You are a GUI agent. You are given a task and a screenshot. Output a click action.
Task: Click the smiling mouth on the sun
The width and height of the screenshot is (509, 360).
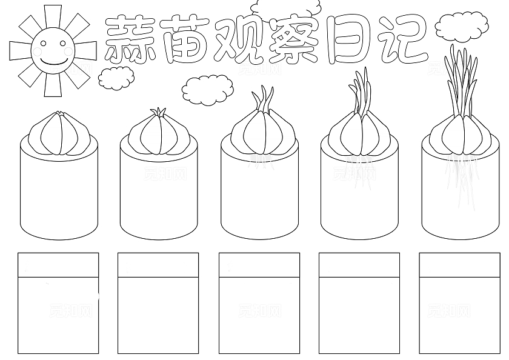coord(53,61)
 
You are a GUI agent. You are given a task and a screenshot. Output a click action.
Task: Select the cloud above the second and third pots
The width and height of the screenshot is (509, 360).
coord(207,90)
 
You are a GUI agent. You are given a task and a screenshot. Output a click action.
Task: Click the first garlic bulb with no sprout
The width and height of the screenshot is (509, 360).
coord(59,135)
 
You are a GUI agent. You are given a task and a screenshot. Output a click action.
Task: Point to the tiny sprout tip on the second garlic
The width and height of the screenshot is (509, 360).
coord(159,112)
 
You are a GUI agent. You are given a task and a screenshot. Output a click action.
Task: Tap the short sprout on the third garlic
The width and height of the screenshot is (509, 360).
coord(262,99)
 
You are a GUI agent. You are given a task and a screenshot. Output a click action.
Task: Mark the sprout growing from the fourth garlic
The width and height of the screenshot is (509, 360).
coord(360,92)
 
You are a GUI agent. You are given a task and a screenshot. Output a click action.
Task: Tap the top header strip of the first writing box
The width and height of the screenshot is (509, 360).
coord(58,265)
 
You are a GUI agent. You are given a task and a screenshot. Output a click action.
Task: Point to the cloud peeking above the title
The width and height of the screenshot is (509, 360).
coord(286,8)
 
